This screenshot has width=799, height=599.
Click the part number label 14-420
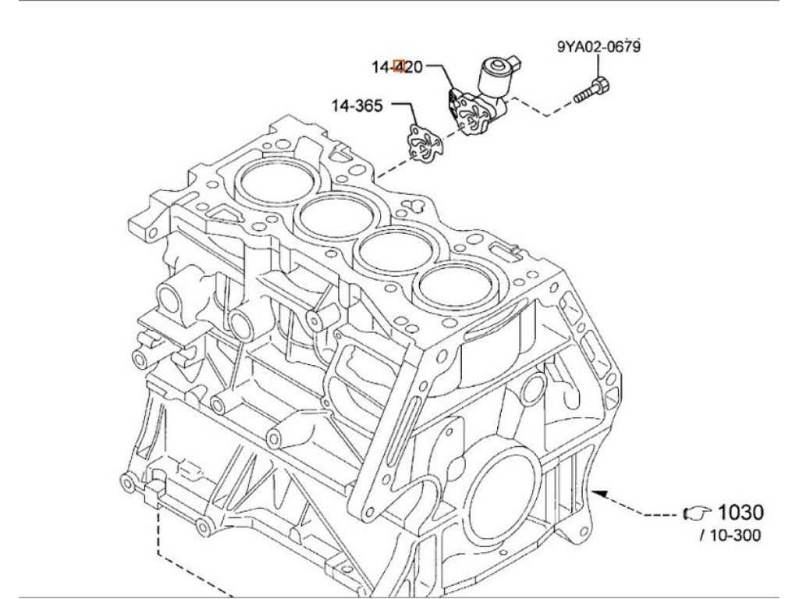coord(397,67)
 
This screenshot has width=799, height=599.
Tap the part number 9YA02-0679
coord(598,47)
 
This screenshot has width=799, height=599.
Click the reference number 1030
coord(740,512)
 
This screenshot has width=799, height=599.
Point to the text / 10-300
coord(730,535)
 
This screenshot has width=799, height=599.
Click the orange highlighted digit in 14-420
coord(399,67)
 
